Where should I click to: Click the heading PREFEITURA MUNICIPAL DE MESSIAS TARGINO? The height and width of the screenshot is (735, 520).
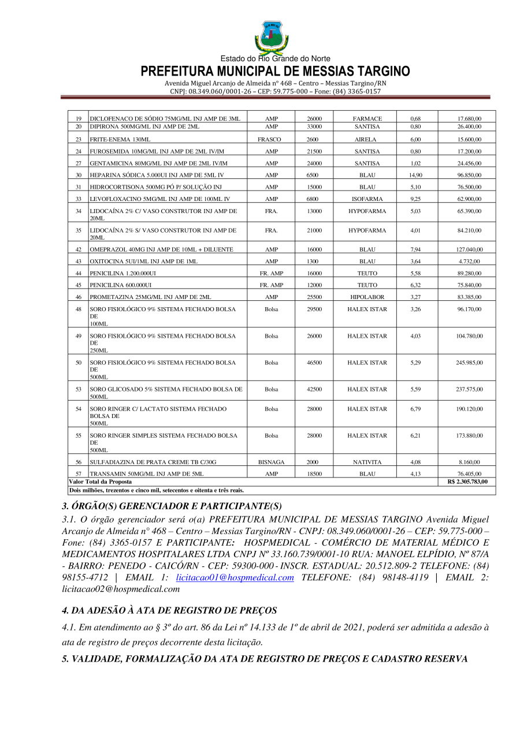point(275,72)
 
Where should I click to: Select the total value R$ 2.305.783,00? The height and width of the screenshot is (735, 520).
point(467,482)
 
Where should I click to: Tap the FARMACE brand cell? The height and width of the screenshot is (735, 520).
point(367,119)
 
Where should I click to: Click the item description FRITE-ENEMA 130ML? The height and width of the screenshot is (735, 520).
point(120,140)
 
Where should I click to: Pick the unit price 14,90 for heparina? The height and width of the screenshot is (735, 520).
point(415,175)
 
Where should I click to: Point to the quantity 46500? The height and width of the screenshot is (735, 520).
point(314,363)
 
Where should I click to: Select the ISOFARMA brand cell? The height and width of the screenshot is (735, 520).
point(367,199)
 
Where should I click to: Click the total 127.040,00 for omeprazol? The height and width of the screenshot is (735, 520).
point(469,249)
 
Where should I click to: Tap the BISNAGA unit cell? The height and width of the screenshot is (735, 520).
point(271,462)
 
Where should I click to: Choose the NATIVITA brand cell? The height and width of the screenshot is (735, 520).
point(367,462)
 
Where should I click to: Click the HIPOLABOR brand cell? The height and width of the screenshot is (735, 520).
point(367,297)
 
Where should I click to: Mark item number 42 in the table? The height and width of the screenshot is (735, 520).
point(78,249)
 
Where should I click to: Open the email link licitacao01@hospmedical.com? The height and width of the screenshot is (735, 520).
point(235,577)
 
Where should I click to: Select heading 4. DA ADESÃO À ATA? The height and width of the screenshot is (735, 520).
point(169,610)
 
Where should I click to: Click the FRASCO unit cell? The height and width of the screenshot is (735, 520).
point(271,140)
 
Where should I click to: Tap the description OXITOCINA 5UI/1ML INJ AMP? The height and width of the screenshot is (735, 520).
point(144,262)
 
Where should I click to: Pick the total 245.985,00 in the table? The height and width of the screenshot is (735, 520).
point(469,363)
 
